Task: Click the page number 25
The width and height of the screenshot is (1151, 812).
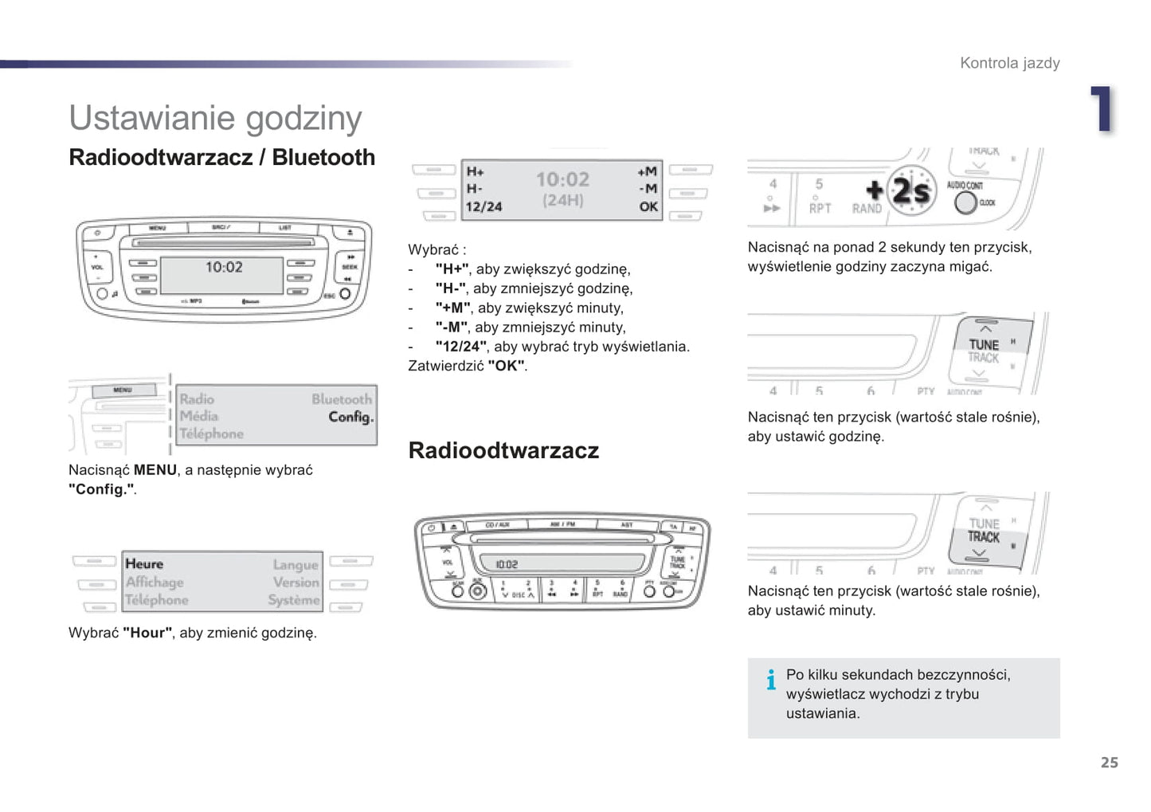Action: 1109,763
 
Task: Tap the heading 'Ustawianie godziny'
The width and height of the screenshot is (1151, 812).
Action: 215,118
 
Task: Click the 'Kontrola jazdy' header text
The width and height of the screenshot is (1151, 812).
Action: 1009,63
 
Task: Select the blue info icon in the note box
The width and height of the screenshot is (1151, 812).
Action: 770,680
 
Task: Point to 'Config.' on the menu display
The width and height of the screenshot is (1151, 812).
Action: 350,417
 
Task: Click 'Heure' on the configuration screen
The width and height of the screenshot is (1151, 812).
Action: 144,564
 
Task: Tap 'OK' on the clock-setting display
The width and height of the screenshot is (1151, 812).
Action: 648,207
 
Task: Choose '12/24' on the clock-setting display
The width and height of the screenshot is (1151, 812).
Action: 483,207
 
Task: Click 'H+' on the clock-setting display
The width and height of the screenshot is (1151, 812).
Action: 475,171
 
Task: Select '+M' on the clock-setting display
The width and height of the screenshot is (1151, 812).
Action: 647,171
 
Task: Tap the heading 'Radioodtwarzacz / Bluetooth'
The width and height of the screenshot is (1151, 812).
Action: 221,157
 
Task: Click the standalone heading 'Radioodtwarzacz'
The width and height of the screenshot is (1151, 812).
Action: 503,451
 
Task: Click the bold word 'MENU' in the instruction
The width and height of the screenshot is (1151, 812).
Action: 155,470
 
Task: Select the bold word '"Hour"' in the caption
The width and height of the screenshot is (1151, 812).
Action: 147,633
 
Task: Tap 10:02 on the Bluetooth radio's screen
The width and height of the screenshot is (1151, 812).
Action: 224,268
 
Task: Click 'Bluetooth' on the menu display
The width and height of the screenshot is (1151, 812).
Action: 342,398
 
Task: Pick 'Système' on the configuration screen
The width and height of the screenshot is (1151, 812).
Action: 294,600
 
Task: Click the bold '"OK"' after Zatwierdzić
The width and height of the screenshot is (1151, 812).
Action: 507,366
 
